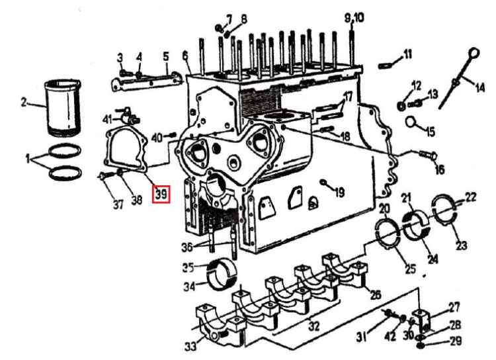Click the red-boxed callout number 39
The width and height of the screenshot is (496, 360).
point(161,194)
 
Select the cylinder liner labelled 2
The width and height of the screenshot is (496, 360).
point(63,109)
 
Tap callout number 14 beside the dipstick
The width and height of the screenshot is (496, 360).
point(479,87)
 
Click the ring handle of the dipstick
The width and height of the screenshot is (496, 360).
point(474,54)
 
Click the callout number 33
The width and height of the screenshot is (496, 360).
point(190,347)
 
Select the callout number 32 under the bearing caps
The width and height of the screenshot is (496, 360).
point(313,326)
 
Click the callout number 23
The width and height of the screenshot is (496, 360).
point(461,245)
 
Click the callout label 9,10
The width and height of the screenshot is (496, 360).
point(354,18)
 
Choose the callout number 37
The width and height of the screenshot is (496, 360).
point(118,204)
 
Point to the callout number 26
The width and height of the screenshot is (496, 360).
point(375,295)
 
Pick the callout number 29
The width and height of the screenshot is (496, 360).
point(456,341)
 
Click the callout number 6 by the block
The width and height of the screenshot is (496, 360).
point(185,56)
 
